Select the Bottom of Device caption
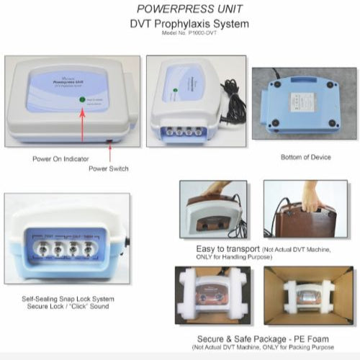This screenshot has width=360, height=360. pos(302,156)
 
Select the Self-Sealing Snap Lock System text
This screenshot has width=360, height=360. pos(67,298)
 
